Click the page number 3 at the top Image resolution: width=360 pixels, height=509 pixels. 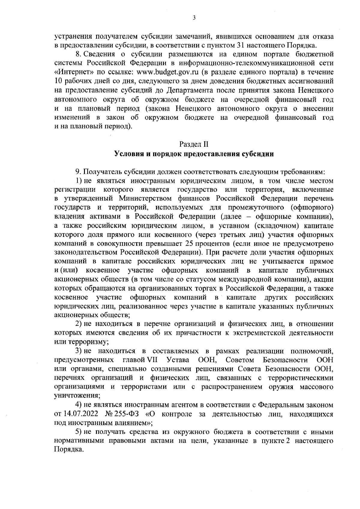coord(194,18)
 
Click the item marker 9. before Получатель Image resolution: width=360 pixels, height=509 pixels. coord(78,172)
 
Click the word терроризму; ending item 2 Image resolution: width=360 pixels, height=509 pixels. coord(82,342)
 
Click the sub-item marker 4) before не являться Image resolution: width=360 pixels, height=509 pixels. coord(79,405)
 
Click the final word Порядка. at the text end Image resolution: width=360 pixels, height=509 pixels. coord(68,450)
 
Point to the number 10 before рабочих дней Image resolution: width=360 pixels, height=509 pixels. coord(58,81)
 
